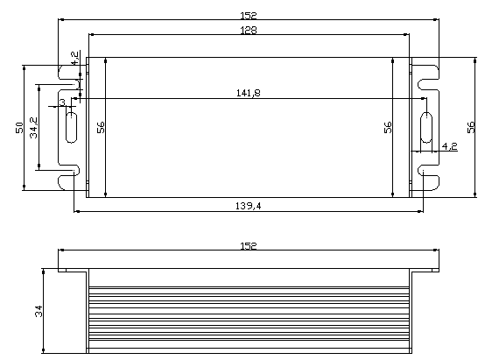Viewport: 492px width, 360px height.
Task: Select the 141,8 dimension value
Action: (248, 94)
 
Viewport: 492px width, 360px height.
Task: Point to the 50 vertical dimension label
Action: (19, 127)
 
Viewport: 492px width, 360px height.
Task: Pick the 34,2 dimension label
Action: (33, 127)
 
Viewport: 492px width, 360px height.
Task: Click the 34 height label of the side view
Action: (39, 311)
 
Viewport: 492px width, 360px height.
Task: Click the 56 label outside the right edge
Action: (471, 127)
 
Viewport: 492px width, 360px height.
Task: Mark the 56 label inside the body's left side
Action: (101, 127)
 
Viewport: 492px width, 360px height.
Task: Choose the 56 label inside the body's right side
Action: (388, 127)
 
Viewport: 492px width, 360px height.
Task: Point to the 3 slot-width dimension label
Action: (62, 103)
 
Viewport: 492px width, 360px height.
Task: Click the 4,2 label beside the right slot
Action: (449, 145)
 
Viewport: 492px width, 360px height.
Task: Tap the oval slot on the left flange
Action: (70, 126)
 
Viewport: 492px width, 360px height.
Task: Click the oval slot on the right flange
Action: (425, 126)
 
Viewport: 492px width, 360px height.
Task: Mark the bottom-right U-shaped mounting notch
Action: (428, 180)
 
